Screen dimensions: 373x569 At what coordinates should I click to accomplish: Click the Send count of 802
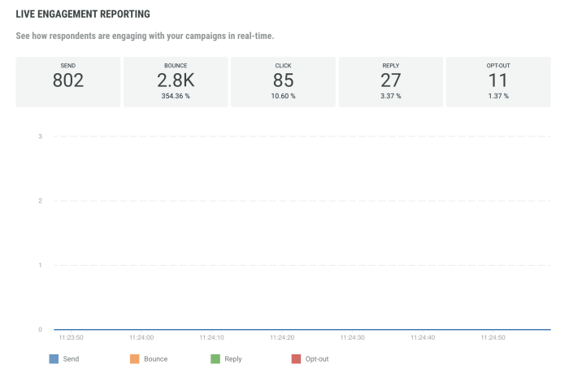68,80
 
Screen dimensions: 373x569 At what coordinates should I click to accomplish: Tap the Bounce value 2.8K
176,80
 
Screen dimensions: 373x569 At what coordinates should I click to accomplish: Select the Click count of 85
283,80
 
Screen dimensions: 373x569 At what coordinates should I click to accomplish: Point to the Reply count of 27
391,80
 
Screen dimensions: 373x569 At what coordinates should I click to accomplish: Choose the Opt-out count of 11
498,80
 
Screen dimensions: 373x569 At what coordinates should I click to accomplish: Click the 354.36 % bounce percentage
176,96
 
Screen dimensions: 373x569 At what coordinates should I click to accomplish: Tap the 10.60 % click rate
283,96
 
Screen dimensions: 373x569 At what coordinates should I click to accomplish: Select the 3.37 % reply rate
391,96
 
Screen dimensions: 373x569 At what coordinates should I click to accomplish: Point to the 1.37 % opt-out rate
498,96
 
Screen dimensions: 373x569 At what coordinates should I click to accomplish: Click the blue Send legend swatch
54,358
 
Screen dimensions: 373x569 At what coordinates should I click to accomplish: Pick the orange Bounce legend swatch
134,358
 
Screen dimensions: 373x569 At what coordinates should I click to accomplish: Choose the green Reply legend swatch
215,358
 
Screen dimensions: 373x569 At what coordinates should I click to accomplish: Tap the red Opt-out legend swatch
296,358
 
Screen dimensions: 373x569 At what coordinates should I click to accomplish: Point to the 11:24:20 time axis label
281,337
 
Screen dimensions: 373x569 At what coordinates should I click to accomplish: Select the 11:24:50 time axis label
493,337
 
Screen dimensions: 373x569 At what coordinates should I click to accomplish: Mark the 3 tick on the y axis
40,137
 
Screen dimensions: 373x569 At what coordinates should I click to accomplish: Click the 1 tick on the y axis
40,265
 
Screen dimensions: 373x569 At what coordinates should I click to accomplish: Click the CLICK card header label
283,65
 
